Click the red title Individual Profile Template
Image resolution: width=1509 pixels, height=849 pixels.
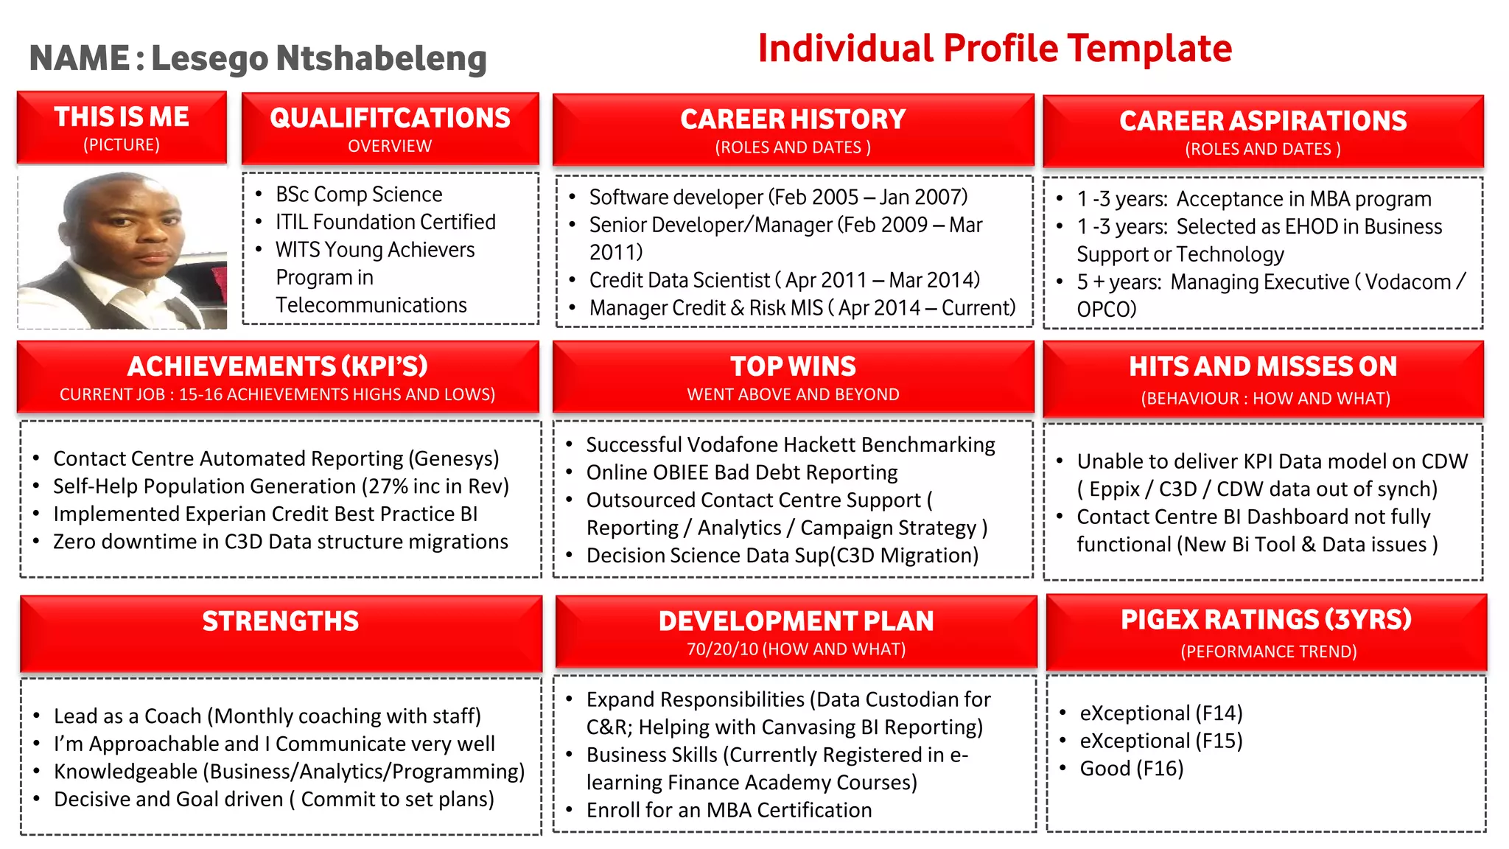[x=994, y=49]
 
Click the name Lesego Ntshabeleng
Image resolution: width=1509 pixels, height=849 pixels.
[x=318, y=59]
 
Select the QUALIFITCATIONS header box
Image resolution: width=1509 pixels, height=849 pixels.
[x=390, y=128]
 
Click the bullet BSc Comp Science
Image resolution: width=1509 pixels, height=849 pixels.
[x=359, y=195]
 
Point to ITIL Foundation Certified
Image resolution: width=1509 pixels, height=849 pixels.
[x=385, y=222]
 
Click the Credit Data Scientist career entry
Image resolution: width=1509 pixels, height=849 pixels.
[x=784, y=280]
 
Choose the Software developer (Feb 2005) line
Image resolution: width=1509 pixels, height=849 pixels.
[x=778, y=198]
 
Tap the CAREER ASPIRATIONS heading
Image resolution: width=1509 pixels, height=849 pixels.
[x=1262, y=122]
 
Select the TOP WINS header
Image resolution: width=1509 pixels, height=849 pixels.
[x=793, y=367]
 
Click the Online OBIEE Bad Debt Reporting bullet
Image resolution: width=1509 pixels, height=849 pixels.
[x=741, y=472]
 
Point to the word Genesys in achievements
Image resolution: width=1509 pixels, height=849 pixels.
[x=454, y=459]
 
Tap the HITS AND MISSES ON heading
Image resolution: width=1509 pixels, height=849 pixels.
[x=1262, y=367]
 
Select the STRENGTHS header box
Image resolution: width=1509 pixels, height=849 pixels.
[x=281, y=632]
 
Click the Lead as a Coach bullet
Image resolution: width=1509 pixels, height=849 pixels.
[x=267, y=716]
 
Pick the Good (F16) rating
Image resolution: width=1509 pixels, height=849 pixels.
[x=1131, y=769]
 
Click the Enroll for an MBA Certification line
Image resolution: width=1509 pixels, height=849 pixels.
[x=728, y=810]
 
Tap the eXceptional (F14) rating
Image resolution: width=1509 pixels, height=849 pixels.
[x=1160, y=713]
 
